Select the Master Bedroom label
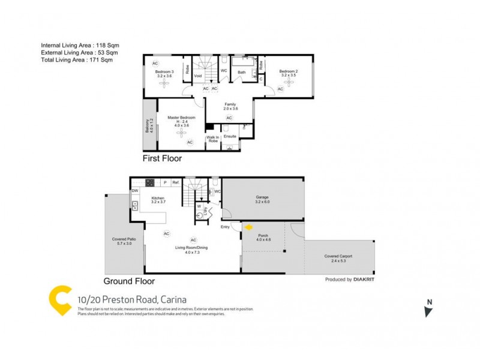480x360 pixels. pyautogui.click(x=178, y=118)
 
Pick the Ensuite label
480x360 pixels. pyautogui.click(x=230, y=136)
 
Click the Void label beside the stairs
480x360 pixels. pyautogui.click(x=199, y=76)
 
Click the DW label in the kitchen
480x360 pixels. pyautogui.click(x=136, y=191)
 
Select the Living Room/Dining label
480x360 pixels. pyautogui.click(x=192, y=251)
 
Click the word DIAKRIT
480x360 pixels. pyautogui.click(x=364, y=280)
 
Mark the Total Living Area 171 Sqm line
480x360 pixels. pyautogui.click(x=76, y=59)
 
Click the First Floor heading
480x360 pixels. pyautogui.click(x=162, y=159)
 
